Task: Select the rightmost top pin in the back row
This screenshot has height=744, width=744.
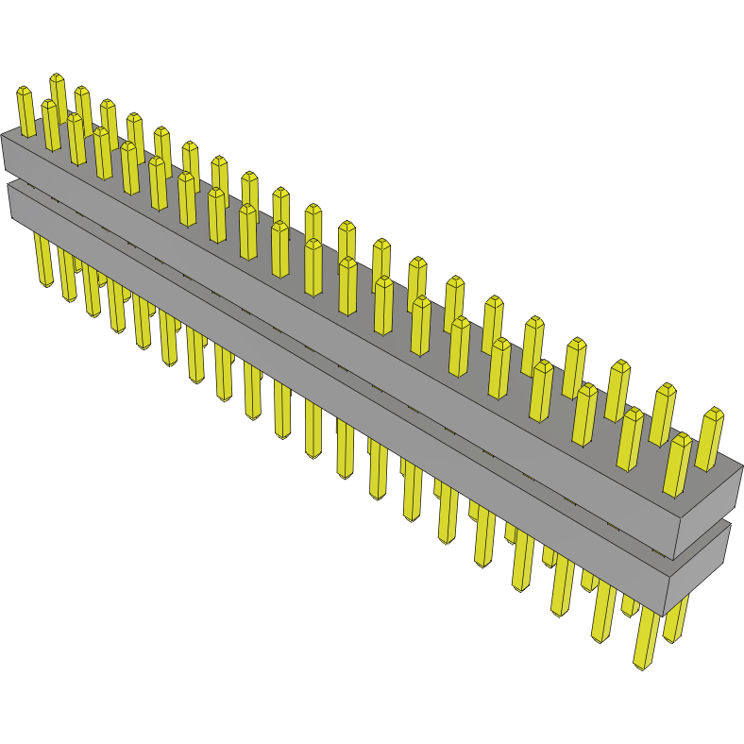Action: tap(709, 440)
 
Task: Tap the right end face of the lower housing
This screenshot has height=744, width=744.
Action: tap(699, 566)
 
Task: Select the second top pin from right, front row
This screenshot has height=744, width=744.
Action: tap(630, 440)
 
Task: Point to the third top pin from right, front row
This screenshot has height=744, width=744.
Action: tap(584, 415)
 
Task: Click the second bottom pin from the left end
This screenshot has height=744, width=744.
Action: tap(68, 274)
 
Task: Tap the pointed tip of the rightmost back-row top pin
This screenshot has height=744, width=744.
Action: tap(715, 412)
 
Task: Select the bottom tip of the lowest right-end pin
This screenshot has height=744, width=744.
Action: tap(642, 667)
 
